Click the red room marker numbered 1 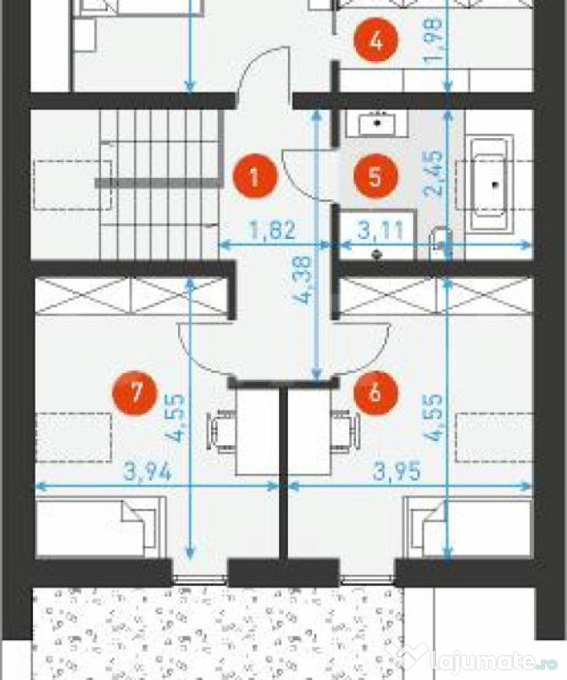tap(254, 176)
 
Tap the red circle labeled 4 tap(376, 42)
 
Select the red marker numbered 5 tap(376, 176)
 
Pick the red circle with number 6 tap(376, 392)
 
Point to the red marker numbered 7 tap(135, 393)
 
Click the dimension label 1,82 tap(273, 230)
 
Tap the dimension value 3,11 tap(381, 230)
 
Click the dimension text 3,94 tap(148, 471)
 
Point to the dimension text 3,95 tap(397, 471)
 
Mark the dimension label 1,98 tap(433, 40)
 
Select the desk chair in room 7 tap(221, 432)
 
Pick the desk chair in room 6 tap(346, 432)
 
